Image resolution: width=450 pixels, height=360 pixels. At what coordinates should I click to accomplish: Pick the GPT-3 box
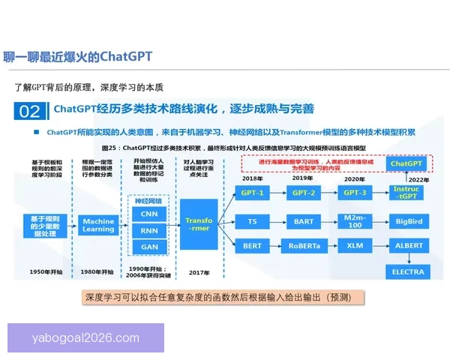355,193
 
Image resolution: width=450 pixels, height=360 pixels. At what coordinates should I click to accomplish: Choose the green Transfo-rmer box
199,221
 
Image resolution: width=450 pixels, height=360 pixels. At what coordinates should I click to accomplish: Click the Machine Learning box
98,225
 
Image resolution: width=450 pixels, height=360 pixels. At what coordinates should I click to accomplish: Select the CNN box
149,214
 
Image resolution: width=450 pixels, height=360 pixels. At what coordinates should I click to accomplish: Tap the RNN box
149,230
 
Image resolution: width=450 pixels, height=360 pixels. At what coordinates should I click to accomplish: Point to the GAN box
149,247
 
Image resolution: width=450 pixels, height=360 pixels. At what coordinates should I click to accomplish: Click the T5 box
253,221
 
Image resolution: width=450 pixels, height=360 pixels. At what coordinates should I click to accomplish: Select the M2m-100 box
355,221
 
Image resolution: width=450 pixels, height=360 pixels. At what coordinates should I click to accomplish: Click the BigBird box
408,221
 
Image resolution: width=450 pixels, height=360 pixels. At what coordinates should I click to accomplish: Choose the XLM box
355,246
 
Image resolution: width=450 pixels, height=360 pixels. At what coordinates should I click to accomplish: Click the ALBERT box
408,246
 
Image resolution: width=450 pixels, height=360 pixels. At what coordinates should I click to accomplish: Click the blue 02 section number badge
29,111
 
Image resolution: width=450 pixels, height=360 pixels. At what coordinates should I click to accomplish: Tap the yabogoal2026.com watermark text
85,338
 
